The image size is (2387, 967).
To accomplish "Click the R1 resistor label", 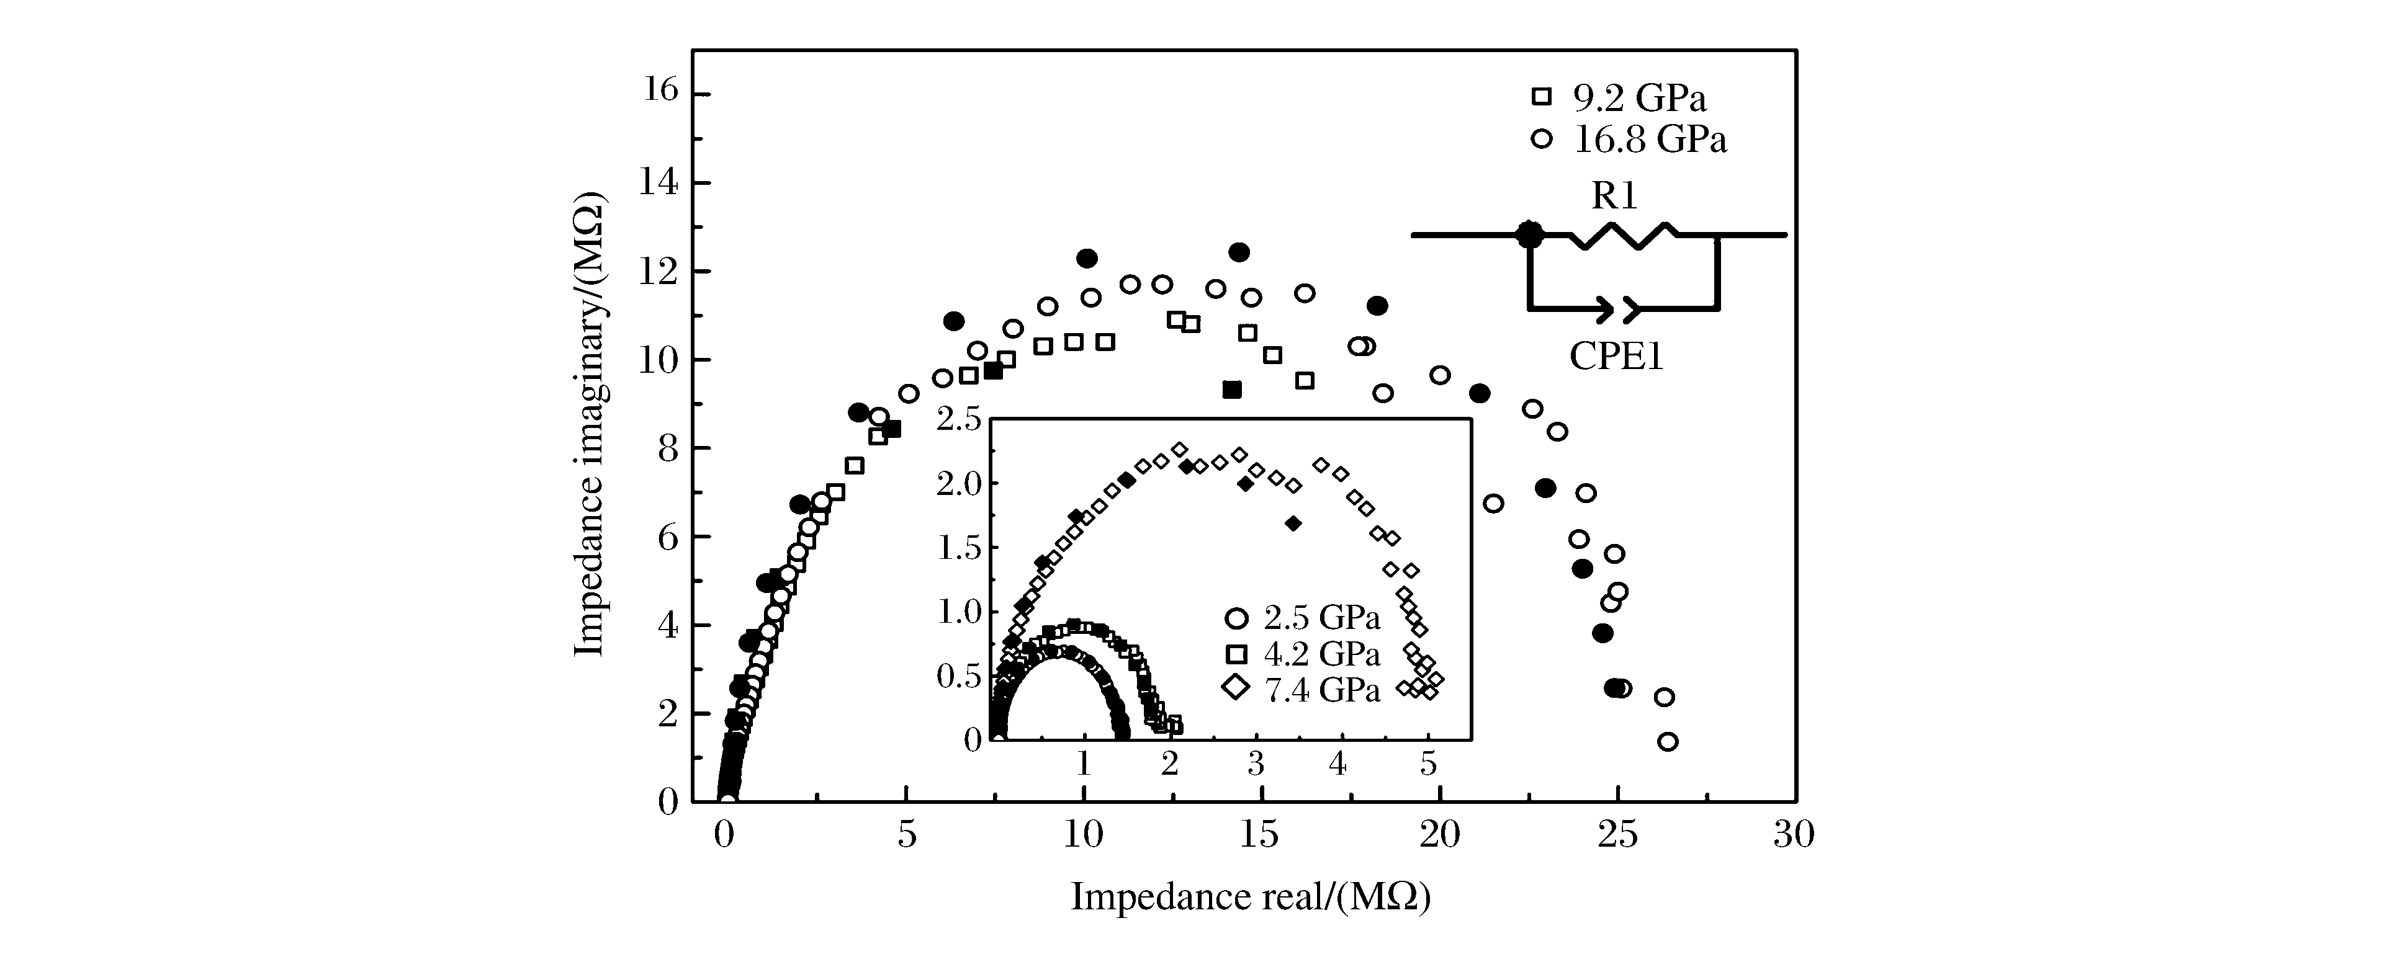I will pos(1615,195).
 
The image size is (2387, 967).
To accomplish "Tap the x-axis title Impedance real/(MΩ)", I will pos(1251,897).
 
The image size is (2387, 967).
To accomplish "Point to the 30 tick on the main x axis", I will pos(1794,834).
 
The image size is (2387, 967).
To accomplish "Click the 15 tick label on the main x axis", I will pos(1259,834).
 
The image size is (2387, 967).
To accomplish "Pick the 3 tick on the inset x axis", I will pos(1256,763).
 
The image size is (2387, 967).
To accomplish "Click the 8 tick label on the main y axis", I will pos(668,448).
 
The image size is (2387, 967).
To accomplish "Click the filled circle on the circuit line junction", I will pos(1530,234).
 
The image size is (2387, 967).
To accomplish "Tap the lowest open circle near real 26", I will pos(1668,741).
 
